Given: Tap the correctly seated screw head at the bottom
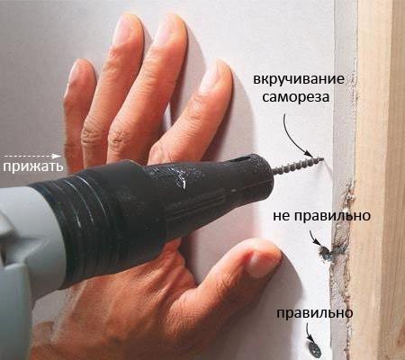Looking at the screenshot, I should click(314, 343).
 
